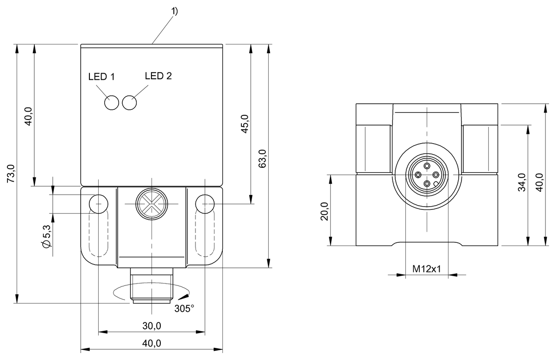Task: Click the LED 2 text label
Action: (158, 76)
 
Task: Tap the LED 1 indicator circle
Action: (112, 103)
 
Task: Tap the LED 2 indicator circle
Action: (130, 103)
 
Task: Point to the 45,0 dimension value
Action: (245, 124)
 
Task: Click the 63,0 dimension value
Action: (263, 159)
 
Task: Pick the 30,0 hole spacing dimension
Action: (152, 326)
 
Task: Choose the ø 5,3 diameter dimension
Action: (46, 238)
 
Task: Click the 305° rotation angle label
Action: (184, 309)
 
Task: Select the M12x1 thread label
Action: (426, 269)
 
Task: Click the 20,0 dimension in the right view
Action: (324, 212)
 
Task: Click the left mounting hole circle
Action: (99, 203)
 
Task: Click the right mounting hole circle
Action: (204, 203)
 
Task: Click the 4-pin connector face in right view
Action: (426, 175)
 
